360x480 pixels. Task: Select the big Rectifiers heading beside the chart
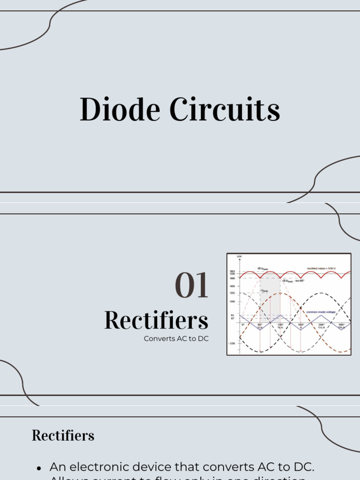pos(156,321)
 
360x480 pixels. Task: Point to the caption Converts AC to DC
pos(176,338)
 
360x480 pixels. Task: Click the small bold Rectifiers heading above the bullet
pos(63,435)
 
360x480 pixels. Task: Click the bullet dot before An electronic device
pos(39,468)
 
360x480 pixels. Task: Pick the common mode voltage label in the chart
pos(320,312)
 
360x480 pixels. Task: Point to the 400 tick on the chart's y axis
pos(232,285)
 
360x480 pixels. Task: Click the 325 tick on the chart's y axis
pos(232,293)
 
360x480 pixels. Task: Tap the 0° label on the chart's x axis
pos(243,324)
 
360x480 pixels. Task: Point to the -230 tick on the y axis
pos(232,343)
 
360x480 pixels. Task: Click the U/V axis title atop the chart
pos(239,257)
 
